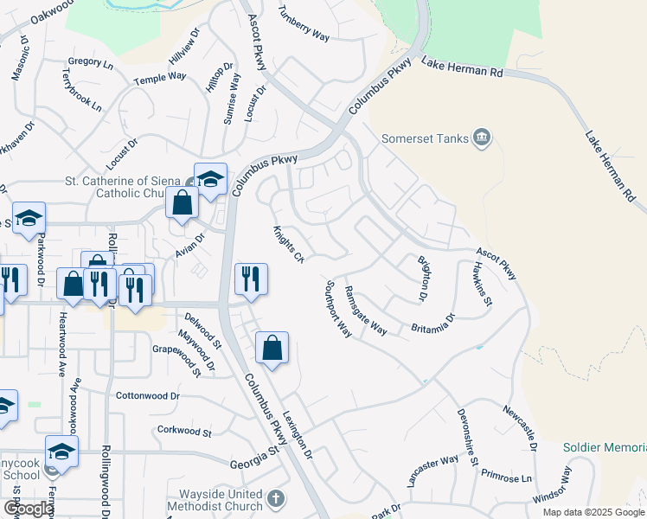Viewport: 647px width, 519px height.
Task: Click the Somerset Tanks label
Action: point(426,138)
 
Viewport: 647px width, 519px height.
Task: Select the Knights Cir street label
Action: point(290,245)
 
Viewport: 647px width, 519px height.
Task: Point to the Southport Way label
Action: point(339,309)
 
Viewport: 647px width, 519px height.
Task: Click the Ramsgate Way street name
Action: point(365,310)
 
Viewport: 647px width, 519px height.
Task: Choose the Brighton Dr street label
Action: point(424,279)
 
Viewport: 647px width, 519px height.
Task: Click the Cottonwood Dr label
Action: point(147,395)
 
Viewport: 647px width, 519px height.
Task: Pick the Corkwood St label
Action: point(184,430)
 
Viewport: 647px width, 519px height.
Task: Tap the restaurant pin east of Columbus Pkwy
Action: point(252,279)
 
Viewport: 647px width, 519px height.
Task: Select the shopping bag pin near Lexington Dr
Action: point(272,348)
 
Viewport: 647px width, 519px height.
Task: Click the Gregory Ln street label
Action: point(90,63)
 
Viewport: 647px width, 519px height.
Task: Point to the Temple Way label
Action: point(160,77)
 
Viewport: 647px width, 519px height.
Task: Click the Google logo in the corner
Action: point(28,509)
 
